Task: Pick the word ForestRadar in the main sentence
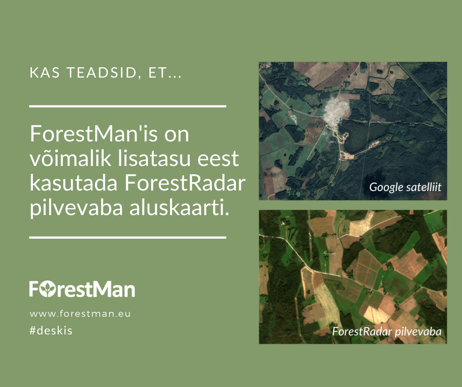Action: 185,183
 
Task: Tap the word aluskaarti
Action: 179,208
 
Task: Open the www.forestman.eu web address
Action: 80,313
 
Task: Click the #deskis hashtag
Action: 51,331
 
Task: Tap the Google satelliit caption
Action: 405,187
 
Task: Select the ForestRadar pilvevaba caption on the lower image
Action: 387,332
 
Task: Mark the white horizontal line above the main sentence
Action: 128,106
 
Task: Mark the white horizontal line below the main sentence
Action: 128,237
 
